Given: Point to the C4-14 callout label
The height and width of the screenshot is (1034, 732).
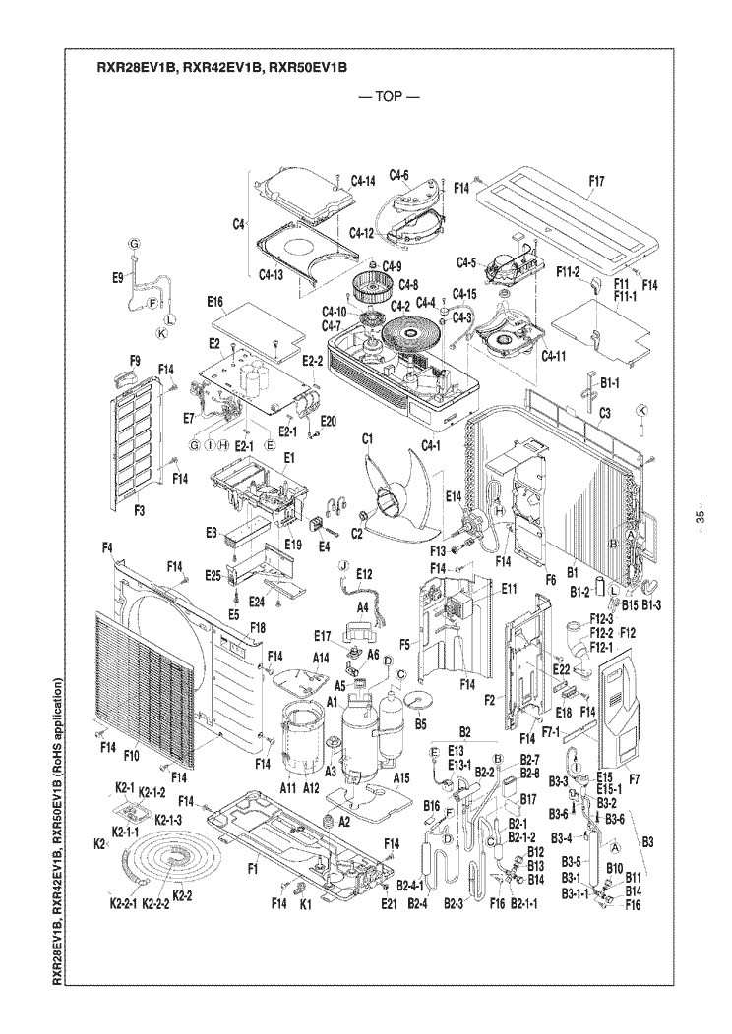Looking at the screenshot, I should (363, 182).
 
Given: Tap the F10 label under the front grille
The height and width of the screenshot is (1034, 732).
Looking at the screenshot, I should (133, 756).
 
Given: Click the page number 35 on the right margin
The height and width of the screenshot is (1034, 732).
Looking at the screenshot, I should (700, 517).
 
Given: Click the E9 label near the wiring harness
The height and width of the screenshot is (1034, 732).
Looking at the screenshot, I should (118, 278).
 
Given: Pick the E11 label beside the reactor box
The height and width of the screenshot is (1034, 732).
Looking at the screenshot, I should (509, 588).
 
